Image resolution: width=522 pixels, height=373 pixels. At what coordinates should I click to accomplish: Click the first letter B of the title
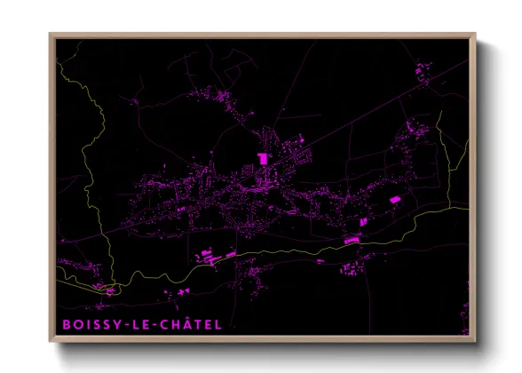point(66,325)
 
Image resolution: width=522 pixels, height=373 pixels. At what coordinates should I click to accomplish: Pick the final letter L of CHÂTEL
point(217,325)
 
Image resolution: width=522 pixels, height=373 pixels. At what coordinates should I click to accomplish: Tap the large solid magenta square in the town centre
point(263,158)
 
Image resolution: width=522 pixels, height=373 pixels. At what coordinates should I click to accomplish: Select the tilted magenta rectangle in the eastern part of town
point(396,200)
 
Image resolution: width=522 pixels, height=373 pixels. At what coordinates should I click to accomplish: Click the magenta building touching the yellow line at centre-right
point(351,240)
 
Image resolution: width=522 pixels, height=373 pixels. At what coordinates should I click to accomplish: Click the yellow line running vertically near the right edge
point(444,160)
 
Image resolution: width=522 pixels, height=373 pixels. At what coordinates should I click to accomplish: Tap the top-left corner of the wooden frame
point(50,35)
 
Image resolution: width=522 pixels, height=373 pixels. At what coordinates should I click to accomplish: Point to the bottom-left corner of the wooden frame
point(50,342)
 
